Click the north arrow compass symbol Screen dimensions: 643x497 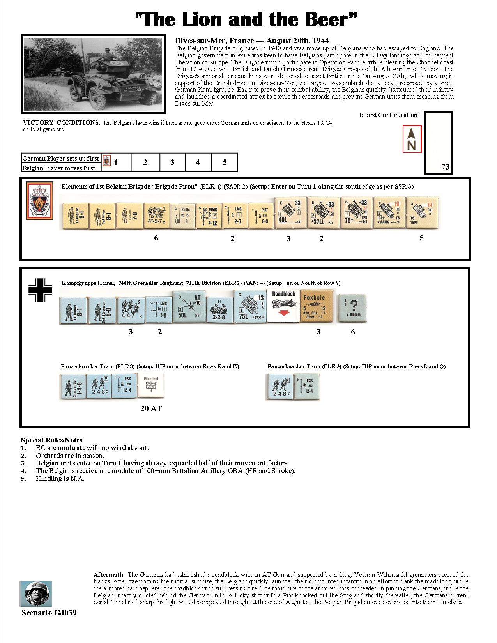[412, 139]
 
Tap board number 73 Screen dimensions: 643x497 [445, 167]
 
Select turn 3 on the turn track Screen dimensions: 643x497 [172, 163]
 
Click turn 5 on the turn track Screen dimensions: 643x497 [225, 163]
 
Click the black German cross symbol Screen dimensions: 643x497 [40, 290]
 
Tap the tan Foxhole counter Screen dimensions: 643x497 [318, 307]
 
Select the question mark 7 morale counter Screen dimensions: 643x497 [352, 307]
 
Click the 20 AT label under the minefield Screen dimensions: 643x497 [150, 408]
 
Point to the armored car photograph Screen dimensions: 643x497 [92, 74]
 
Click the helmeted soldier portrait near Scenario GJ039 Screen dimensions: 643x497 [36, 594]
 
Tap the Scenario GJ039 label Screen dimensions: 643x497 [49, 613]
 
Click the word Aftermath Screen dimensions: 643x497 [109, 574]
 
